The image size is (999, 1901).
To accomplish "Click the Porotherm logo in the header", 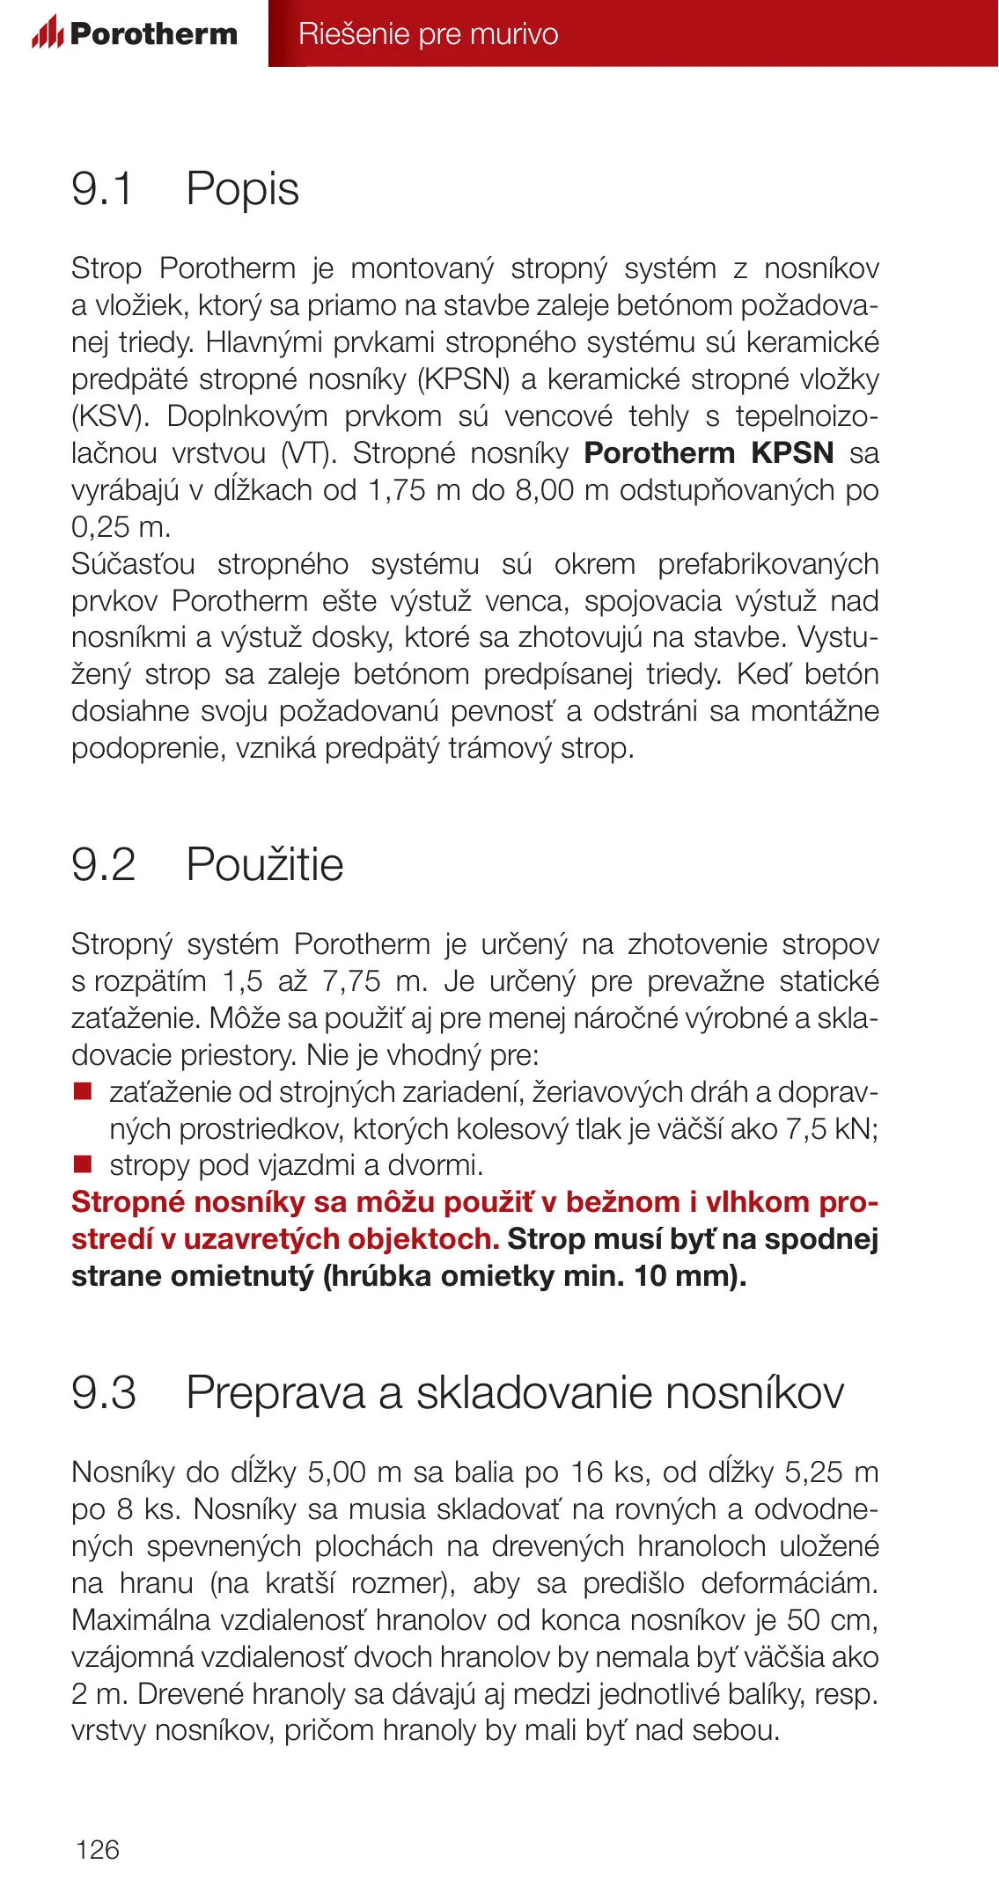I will [x=135, y=33].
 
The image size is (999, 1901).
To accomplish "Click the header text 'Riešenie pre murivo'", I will [x=428, y=33].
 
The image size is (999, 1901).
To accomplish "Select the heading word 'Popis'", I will [x=243, y=189].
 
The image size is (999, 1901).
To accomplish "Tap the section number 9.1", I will [x=102, y=189].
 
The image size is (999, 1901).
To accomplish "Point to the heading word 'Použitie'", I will [x=265, y=864].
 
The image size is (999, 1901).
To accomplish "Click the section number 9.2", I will [x=104, y=864].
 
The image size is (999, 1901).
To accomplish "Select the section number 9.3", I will [x=104, y=1392].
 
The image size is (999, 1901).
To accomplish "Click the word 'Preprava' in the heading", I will [x=275, y=1392].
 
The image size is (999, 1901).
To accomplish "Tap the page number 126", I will [x=98, y=1849].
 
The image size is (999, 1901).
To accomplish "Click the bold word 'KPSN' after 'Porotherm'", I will [x=792, y=452].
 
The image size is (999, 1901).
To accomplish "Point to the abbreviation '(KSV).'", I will [x=111, y=415].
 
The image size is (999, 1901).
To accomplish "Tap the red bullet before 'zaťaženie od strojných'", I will [x=83, y=1091].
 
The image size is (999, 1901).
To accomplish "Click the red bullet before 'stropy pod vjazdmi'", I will [x=83, y=1165].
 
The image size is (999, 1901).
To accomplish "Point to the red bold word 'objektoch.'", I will [x=423, y=1239].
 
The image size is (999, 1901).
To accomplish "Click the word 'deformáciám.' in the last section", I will [x=790, y=1582].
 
